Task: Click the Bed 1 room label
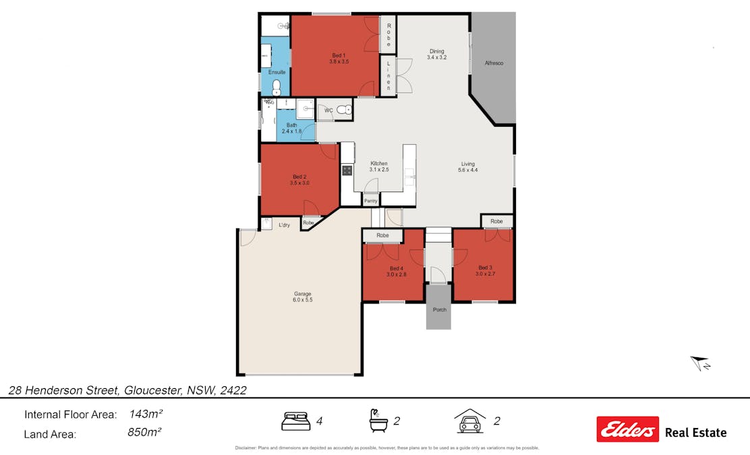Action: (339, 55)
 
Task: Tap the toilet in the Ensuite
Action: (277, 86)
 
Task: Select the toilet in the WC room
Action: (343, 110)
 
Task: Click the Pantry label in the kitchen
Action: (370, 201)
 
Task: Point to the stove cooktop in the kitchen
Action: (347, 171)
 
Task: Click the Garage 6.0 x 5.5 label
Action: (302, 297)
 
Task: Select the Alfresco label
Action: (494, 63)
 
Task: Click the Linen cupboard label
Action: (388, 75)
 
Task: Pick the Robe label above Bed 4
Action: (382, 235)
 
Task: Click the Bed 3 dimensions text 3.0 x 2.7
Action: (485, 274)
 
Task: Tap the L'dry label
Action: (284, 224)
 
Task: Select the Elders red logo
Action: (627, 429)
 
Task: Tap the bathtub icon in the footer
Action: (378, 421)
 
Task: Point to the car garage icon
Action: (470, 421)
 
